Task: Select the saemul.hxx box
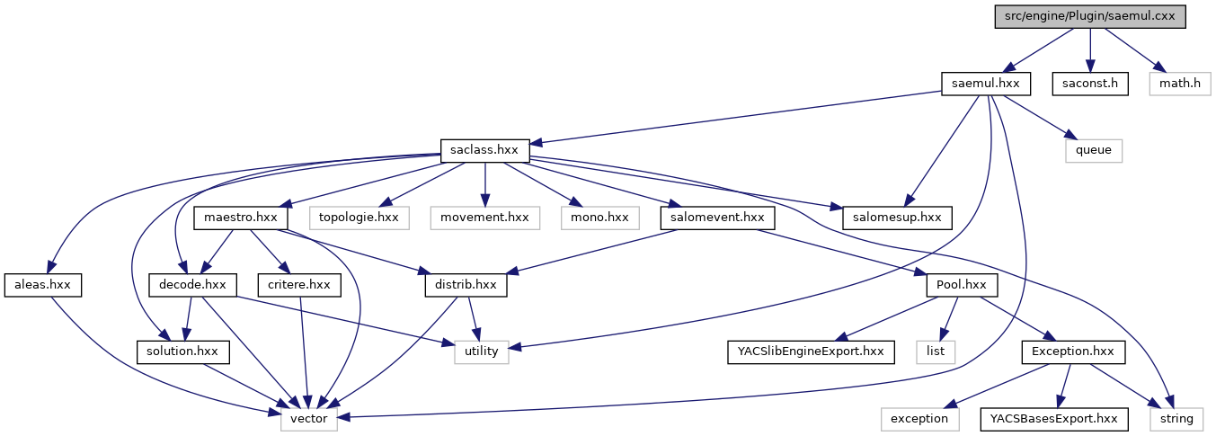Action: [985, 84]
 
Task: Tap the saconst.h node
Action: [1089, 84]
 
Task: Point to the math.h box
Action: [1179, 84]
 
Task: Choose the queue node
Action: [1094, 150]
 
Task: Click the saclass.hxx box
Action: [485, 150]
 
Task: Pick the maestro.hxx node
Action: [240, 218]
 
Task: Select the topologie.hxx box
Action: [359, 218]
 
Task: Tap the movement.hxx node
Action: [484, 218]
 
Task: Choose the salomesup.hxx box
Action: [896, 218]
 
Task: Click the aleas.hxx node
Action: [42, 284]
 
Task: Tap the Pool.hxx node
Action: [963, 284]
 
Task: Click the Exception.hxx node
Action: [1073, 351]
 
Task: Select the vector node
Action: [309, 418]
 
